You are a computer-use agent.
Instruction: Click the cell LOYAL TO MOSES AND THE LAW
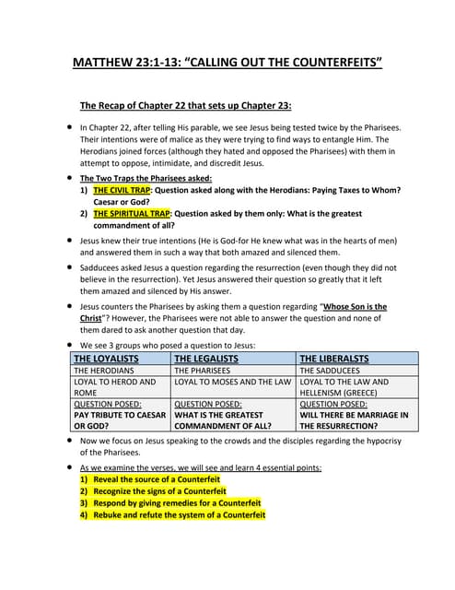232,382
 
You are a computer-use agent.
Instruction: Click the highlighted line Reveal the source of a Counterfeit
161,479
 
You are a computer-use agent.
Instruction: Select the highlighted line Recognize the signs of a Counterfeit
166,491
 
